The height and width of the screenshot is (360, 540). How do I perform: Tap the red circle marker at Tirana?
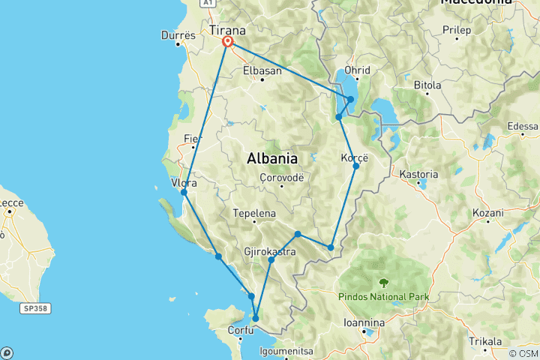tap(226, 43)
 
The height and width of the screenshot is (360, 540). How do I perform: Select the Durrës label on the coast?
tap(178, 35)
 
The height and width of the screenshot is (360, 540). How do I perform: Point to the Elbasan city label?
tap(262, 71)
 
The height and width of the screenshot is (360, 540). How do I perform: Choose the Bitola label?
tap(427, 85)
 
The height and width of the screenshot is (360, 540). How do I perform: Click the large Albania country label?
tap(273, 158)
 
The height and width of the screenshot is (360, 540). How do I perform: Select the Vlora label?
tap(184, 183)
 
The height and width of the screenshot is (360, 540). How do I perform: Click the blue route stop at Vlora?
tap(184, 193)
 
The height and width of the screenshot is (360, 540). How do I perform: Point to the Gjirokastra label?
tap(270, 252)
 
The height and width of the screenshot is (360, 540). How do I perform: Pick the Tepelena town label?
tap(254, 213)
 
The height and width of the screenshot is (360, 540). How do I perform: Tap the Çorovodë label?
tap(280, 178)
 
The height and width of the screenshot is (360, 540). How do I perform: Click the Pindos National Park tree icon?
tap(384, 283)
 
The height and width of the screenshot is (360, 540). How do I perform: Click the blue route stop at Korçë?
tap(356, 166)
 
